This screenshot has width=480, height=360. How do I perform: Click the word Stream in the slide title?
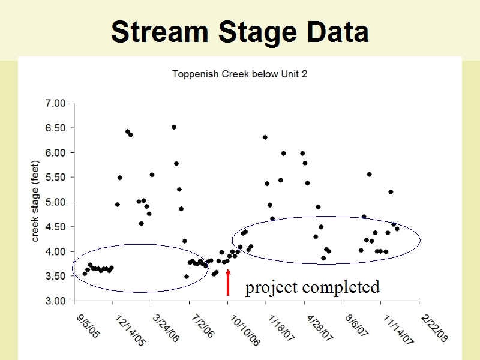[160, 32]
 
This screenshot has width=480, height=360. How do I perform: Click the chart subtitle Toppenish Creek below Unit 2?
[239, 74]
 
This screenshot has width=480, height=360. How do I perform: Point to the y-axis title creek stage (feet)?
[35, 201]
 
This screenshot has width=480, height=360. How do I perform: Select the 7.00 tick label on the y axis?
[55, 103]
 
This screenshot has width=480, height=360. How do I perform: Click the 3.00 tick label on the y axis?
[55, 301]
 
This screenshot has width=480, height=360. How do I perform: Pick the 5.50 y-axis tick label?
[55, 177]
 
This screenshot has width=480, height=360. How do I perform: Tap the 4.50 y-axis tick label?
[55, 227]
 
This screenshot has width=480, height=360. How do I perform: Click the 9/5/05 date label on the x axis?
[88, 326]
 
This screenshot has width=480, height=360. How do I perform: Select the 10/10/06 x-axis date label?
[245, 331]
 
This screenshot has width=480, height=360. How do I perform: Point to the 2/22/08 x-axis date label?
[434, 328]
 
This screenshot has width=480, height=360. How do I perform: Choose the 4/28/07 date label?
[320, 328]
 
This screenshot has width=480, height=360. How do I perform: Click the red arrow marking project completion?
[228, 282]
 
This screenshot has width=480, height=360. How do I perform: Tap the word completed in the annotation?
[341, 288]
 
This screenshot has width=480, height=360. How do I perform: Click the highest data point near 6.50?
[174, 127]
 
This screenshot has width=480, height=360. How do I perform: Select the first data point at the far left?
[85, 274]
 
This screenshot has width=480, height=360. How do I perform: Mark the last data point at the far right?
[397, 229]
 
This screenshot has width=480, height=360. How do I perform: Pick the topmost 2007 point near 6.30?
[265, 137]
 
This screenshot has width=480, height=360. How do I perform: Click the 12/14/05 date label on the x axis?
[130, 331]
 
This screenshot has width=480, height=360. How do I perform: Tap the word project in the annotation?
[271, 288]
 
